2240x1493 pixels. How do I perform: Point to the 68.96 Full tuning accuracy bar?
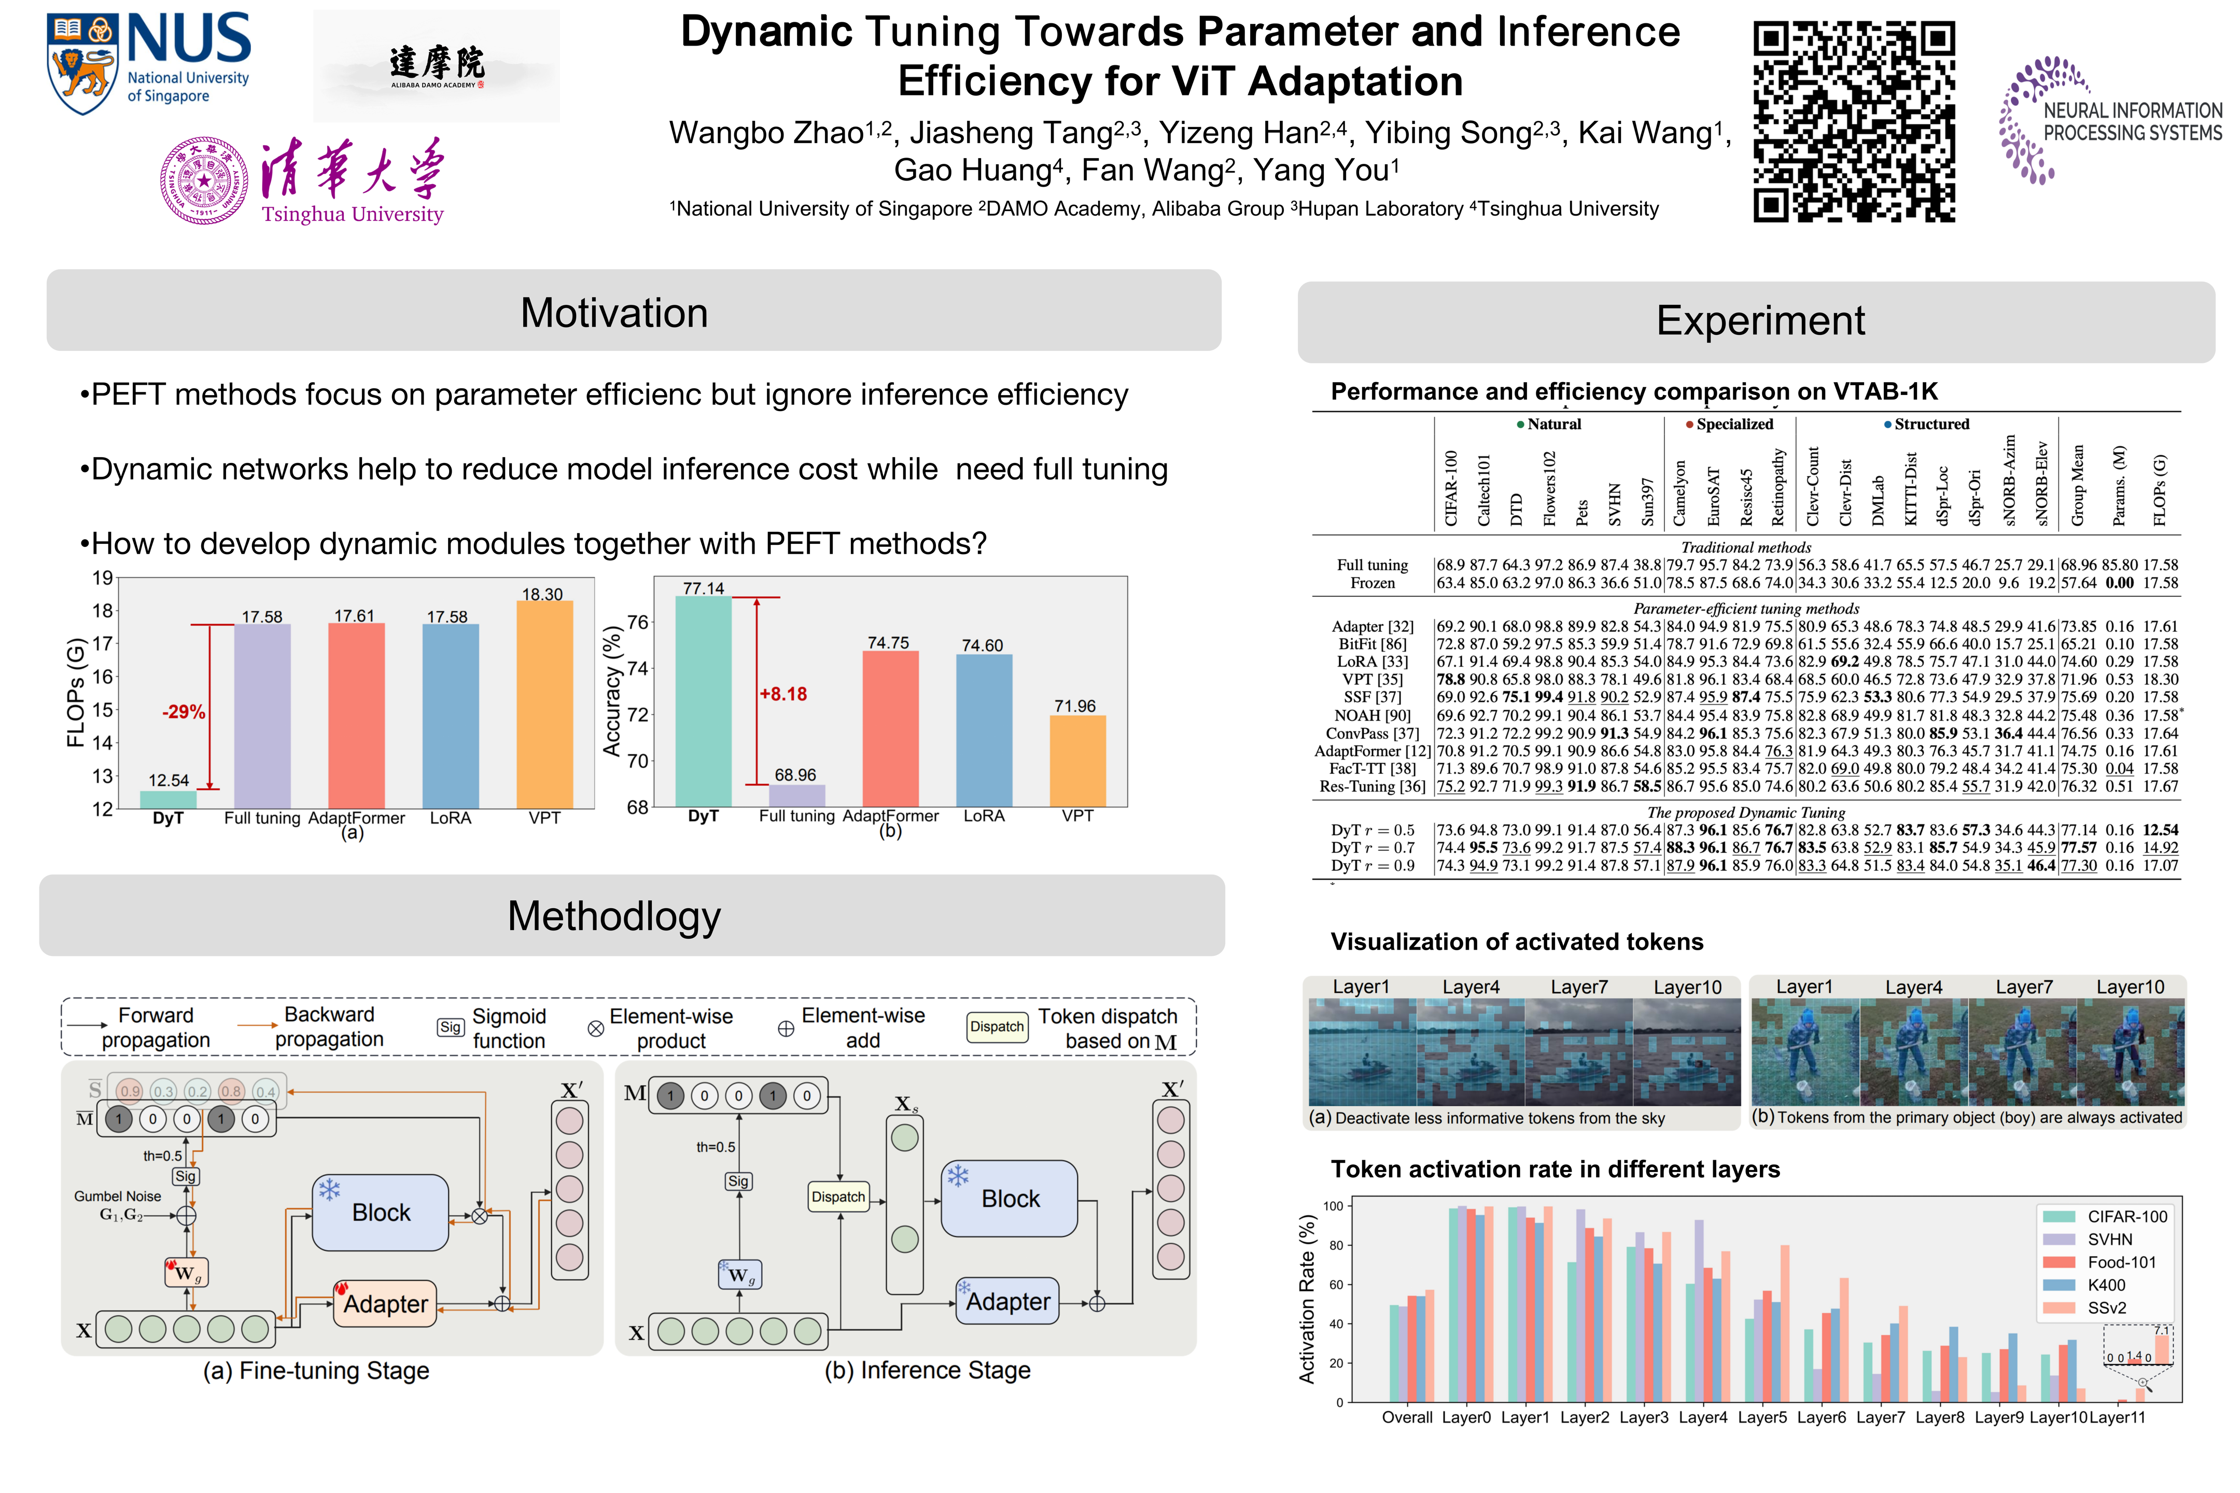point(796,796)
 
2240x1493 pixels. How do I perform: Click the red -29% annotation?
point(184,712)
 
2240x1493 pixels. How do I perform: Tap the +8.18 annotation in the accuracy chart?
point(783,694)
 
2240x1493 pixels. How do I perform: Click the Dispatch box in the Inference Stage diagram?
point(838,1197)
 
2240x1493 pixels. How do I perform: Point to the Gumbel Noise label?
point(118,1196)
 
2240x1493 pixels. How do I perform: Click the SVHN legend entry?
point(2109,1240)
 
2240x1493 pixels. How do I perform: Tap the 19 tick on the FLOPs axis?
point(103,578)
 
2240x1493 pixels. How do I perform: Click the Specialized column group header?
point(1733,424)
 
